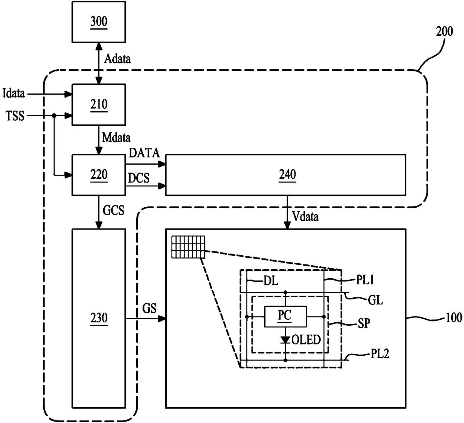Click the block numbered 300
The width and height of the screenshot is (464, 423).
click(x=99, y=22)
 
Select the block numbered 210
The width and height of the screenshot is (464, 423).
click(x=99, y=105)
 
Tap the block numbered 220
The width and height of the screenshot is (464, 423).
click(x=99, y=175)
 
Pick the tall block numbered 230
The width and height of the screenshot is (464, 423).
click(x=99, y=318)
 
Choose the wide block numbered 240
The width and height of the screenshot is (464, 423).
click(x=286, y=175)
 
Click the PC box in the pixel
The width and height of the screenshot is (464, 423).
click(x=285, y=317)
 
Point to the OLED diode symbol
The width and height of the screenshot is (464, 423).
click(x=285, y=340)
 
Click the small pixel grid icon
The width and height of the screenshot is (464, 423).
click(x=188, y=247)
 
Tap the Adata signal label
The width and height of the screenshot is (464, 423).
click(x=117, y=59)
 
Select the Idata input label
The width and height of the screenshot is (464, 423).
click(x=13, y=93)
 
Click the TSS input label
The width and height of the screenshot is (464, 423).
click(x=15, y=116)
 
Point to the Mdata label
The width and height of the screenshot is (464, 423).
click(x=116, y=138)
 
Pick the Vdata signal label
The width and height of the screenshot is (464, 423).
click(x=305, y=217)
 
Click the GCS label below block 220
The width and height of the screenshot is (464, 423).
click(x=113, y=211)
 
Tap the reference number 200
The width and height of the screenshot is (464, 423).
click(x=444, y=31)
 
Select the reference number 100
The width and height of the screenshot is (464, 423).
click(x=454, y=318)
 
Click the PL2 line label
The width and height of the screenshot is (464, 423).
click(x=380, y=353)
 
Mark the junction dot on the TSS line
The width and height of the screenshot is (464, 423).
click(x=54, y=116)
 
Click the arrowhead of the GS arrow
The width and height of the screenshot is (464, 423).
click(x=162, y=319)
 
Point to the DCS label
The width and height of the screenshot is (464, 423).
click(x=138, y=178)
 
